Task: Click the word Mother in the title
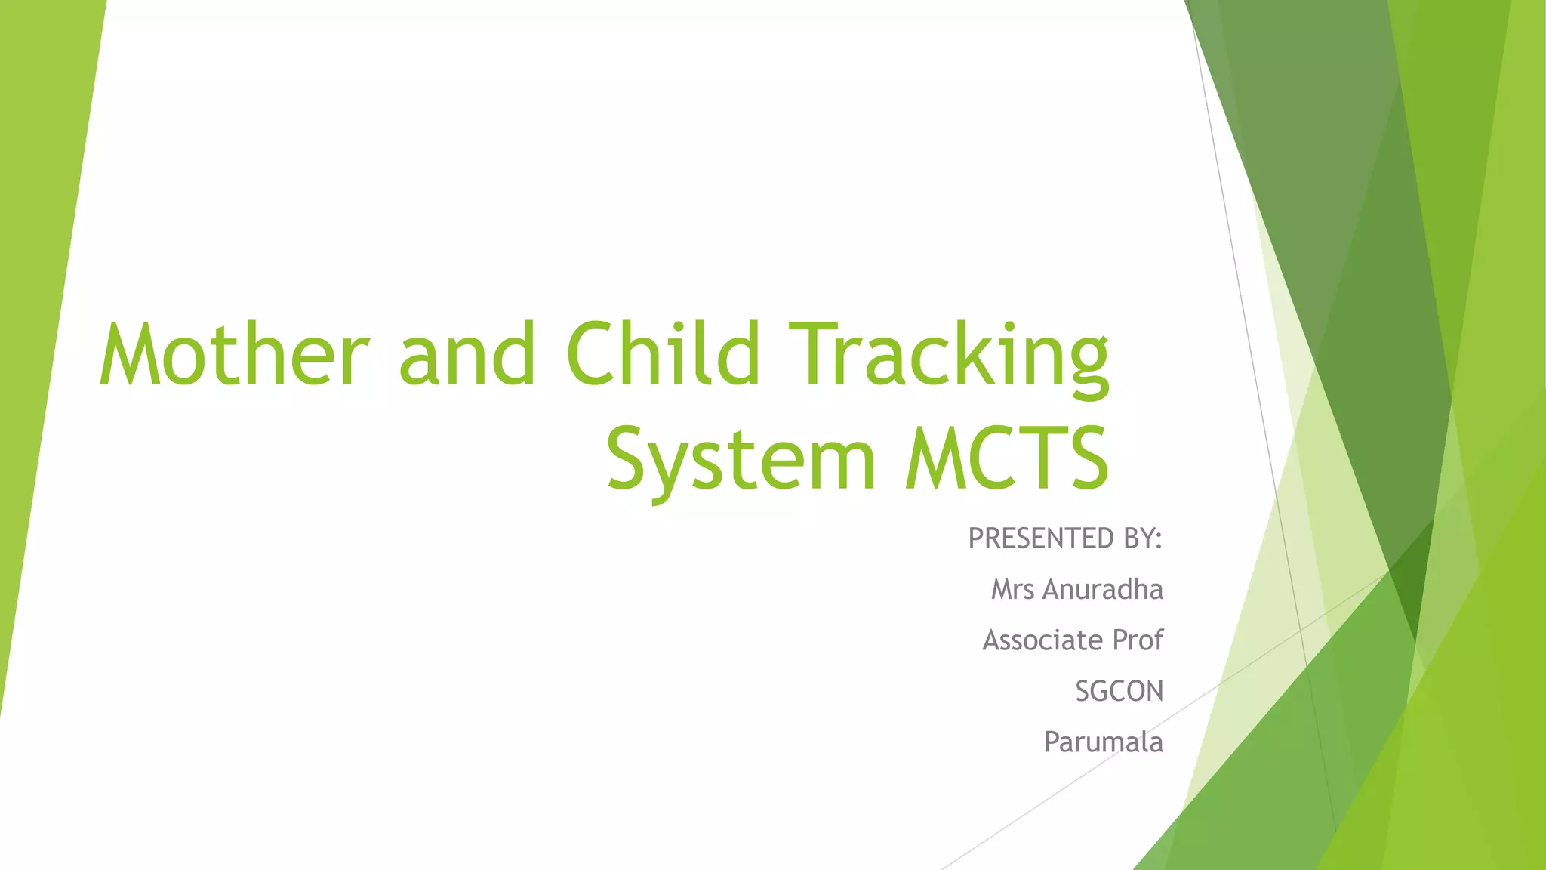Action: click(x=234, y=355)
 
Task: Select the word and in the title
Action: click(x=467, y=355)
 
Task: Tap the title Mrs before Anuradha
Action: click(x=1012, y=589)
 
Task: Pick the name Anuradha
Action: click(x=1103, y=589)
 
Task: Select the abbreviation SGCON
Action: click(x=1119, y=691)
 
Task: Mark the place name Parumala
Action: click(x=1103, y=742)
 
